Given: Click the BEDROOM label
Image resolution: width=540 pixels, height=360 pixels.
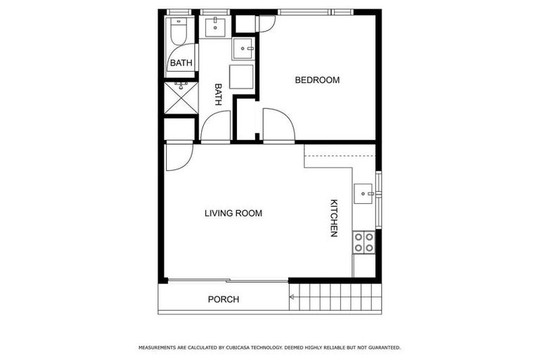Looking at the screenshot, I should pos(316,80).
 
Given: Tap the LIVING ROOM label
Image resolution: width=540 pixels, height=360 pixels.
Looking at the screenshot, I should pos(233,213).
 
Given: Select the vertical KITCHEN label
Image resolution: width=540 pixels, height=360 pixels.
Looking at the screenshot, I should pos(335,218).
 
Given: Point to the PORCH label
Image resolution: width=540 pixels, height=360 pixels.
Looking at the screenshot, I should pos(223,300).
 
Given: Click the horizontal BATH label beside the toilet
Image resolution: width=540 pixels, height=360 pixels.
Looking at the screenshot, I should pos(181,63).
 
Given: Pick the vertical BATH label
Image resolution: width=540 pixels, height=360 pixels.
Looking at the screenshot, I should pos(218,95).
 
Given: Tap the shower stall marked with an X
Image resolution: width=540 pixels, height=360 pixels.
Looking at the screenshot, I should pos(181,98).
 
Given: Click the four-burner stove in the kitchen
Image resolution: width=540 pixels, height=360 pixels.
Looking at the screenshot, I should pos(364,242).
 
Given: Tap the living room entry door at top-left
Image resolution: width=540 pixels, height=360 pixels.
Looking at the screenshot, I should pos(176,158).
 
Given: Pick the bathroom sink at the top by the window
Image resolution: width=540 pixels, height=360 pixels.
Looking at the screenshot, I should pos(214,28).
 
